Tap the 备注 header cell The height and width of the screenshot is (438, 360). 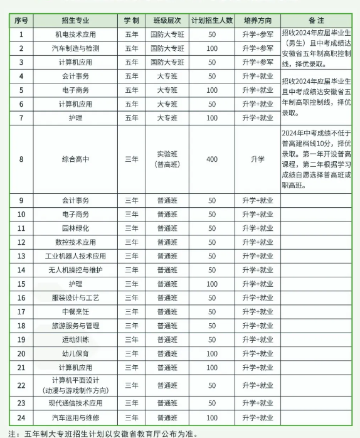pyautogui.click(x=316, y=21)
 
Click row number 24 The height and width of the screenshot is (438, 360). pyautogui.click(x=21, y=417)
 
